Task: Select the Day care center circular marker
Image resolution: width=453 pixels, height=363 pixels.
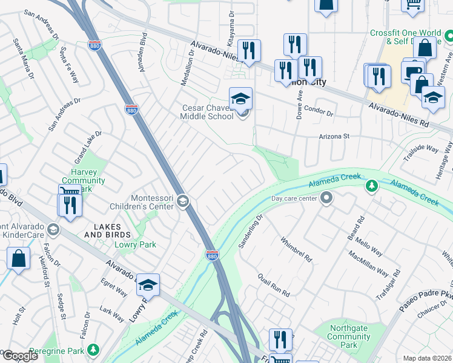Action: (326, 198)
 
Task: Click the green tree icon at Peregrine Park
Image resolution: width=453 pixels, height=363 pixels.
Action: (93, 350)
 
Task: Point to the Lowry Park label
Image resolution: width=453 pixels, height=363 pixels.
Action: (136, 244)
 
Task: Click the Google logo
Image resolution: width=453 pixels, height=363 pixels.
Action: (19, 356)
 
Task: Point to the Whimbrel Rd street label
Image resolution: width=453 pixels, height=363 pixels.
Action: (296, 249)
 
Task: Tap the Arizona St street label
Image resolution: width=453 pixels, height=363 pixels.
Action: (335, 137)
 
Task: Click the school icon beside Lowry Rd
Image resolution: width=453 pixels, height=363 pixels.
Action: (148, 284)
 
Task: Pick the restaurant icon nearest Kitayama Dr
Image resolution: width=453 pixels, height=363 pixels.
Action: (249, 50)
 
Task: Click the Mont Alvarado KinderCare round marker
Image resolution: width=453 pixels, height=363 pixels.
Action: (54, 229)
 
